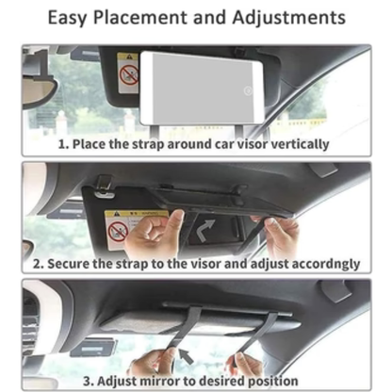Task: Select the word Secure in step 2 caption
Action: (78, 264)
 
